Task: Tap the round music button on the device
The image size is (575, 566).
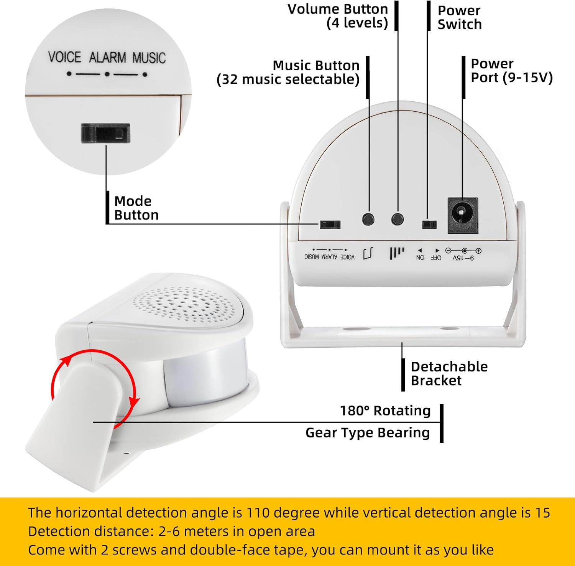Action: (368, 219)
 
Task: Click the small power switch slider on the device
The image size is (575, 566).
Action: (429, 224)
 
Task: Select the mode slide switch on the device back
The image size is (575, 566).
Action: (330, 224)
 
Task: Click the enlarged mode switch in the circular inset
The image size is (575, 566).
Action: (105, 133)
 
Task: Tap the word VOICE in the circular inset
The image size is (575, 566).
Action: (64, 58)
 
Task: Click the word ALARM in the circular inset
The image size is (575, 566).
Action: (107, 58)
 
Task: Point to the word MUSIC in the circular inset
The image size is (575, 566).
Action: (149, 58)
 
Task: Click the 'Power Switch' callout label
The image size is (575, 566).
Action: (459, 17)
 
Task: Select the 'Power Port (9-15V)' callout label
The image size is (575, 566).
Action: (511, 71)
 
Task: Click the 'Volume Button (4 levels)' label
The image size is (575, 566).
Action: (338, 16)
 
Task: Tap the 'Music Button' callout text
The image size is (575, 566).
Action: (316, 66)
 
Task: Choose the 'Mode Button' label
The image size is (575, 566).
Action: (136, 208)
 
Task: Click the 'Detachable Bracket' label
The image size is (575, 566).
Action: (449, 373)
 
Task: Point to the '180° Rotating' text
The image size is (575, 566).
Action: (385, 411)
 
